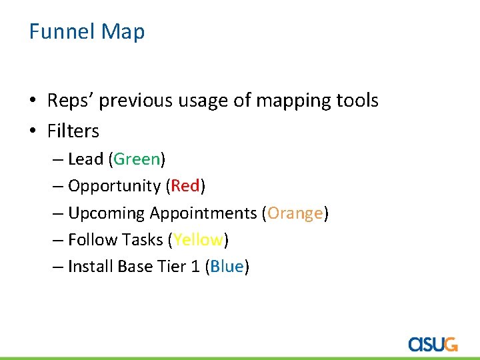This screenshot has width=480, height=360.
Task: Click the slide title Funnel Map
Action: click(x=87, y=31)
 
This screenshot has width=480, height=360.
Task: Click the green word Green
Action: click(x=137, y=159)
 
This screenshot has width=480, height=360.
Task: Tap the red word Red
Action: click(x=185, y=186)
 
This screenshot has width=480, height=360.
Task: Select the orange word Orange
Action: click(x=295, y=213)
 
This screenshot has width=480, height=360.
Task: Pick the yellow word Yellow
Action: click(x=199, y=240)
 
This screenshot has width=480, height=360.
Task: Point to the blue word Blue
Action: click(x=227, y=267)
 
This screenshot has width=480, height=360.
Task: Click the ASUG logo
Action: click(x=433, y=343)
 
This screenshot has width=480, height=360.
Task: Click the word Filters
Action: click(x=73, y=131)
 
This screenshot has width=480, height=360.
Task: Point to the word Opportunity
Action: click(x=114, y=187)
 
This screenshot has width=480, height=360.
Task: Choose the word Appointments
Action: click(x=203, y=213)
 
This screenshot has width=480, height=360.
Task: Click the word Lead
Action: click(x=85, y=159)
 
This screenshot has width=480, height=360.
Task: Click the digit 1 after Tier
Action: click(x=195, y=267)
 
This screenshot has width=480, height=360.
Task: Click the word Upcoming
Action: click(x=106, y=214)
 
